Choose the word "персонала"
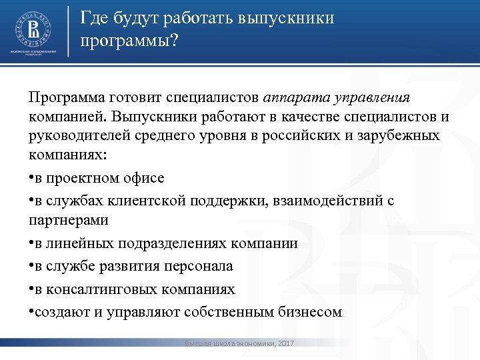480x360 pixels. (198, 267)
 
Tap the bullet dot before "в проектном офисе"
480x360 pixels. (31, 179)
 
